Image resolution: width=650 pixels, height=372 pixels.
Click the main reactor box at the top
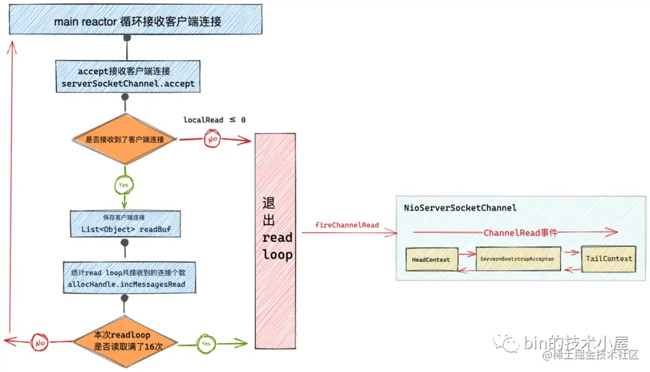pos(135,19)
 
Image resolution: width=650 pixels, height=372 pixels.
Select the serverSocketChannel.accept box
pos(128,76)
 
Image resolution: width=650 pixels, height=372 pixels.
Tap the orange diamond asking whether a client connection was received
pos(125,139)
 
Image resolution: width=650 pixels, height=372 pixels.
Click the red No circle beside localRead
pos(212,139)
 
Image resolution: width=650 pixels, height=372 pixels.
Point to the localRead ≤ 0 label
pos(214,120)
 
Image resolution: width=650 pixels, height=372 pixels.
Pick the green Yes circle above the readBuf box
pos(123,185)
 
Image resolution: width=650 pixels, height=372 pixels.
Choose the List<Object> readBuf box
pos(126,224)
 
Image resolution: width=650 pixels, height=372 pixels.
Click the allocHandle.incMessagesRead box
pos(129,277)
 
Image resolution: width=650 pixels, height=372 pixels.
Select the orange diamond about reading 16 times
pos(125,342)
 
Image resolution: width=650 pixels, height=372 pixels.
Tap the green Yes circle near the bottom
pos(206,344)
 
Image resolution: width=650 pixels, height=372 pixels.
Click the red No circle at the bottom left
pos(40,343)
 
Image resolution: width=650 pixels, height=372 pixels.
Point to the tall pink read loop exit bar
pos(275,241)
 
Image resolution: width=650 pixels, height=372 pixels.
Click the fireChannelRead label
pos(347,225)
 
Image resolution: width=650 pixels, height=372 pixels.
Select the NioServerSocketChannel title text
pos(460,208)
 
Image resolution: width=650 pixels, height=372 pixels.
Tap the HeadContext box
pos(432,259)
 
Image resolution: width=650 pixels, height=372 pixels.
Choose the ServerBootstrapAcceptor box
pos(518,259)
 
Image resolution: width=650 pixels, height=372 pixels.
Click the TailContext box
pos(608,259)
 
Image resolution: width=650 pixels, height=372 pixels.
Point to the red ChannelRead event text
pos(520,233)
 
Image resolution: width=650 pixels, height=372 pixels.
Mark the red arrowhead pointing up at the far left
pos(12,48)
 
